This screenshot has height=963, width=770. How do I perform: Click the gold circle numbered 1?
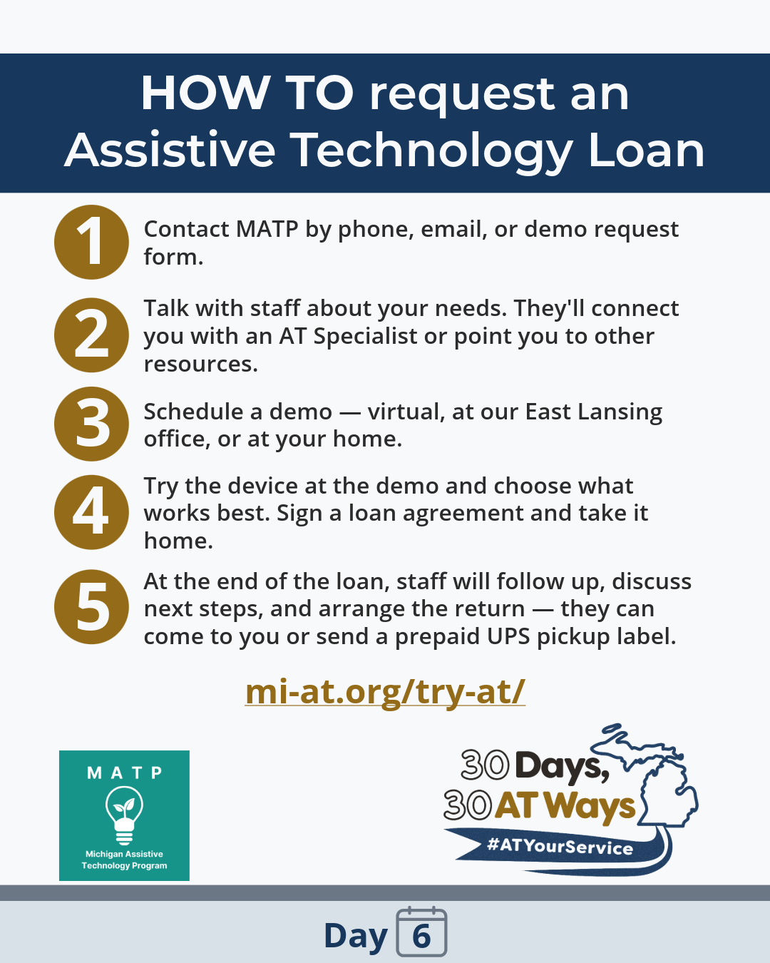point(91,242)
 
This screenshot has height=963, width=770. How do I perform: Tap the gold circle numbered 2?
point(91,335)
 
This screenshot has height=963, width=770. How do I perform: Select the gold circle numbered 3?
point(91,424)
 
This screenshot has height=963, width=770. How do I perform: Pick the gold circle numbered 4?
point(91,512)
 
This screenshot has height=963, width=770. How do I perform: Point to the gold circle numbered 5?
point(91,607)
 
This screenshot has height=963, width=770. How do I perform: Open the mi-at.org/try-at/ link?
point(385,691)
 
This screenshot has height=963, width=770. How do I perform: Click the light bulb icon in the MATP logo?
point(124,814)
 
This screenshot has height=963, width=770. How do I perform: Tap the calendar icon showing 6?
point(421,932)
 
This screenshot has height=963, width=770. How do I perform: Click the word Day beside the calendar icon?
point(355,936)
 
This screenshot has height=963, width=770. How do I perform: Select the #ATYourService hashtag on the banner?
point(560,847)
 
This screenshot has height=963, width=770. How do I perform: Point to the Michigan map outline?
point(659,778)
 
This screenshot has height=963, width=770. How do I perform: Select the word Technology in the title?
point(431,151)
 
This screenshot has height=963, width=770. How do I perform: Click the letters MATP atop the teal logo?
point(124,773)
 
